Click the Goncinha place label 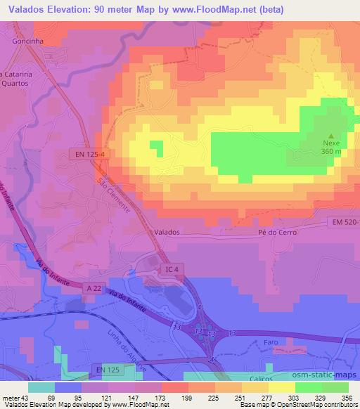(x=28, y=41)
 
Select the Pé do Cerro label (x=278, y=232)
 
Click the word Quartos (x=20, y=79)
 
